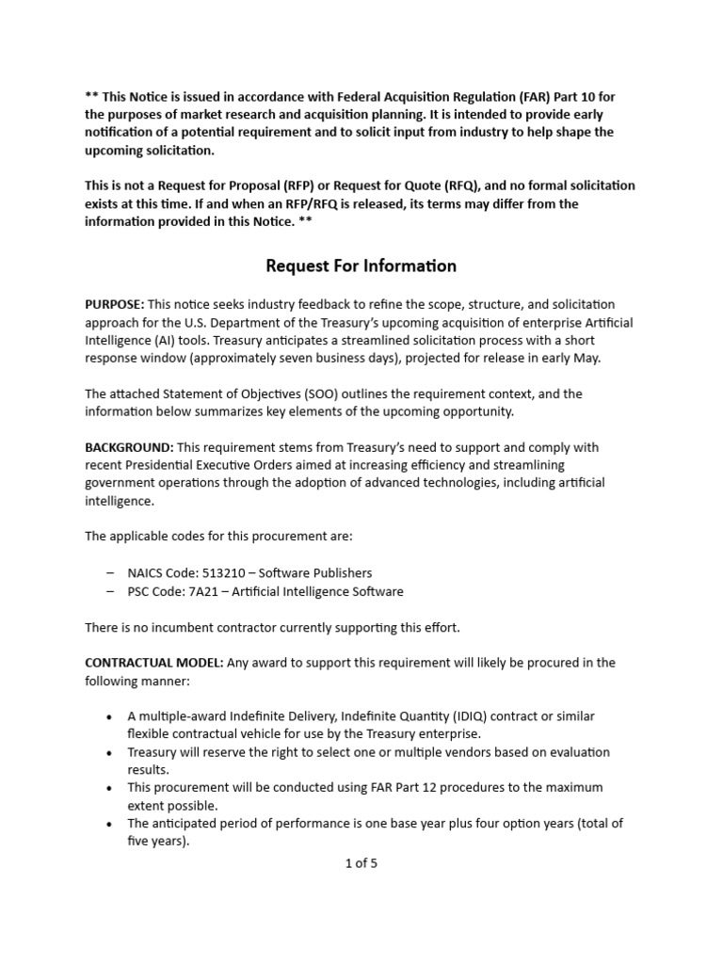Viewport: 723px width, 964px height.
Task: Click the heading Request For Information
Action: click(361, 265)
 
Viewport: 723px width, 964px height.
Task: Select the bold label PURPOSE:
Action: click(115, 304)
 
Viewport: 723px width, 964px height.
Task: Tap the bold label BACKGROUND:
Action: click(128, 447)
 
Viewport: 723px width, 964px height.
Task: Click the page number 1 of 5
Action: click(361, 862)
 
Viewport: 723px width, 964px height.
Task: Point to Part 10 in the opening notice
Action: click(554, 97)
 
